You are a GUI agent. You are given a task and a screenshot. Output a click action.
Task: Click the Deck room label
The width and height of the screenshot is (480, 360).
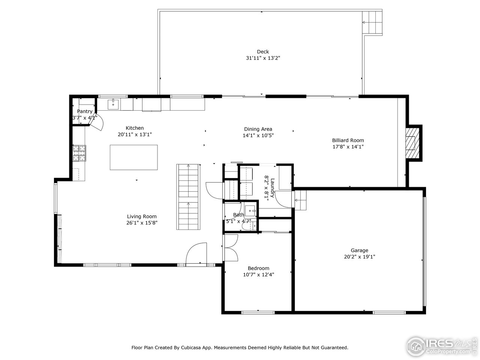point(262,52)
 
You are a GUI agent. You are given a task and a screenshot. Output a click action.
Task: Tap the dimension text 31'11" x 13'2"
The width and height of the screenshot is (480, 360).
point(262,58)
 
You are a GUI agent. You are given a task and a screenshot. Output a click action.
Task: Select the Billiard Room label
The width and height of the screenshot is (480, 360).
point(348,140)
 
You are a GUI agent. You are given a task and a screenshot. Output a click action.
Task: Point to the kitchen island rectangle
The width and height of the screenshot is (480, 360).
point(133,157)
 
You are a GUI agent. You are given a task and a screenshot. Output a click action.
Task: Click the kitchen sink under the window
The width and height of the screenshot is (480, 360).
point(113,104)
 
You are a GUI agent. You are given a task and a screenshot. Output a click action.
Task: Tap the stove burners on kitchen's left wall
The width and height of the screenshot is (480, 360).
point(79,153)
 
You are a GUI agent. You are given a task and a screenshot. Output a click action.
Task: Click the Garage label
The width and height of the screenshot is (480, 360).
point(359,250)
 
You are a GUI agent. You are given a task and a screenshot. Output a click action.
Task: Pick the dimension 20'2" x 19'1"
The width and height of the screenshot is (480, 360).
point(359,257)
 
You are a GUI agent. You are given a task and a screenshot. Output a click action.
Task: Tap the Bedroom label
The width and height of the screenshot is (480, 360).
point(258,268)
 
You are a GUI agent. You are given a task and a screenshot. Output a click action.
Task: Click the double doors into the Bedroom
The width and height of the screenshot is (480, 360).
point(231,247)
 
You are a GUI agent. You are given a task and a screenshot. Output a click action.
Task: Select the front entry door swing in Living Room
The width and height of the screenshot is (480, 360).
point(197,253)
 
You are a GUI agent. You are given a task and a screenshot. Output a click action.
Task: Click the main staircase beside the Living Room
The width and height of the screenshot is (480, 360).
point(189,196)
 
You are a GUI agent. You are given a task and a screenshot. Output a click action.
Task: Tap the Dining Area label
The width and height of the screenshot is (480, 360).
point(258,129)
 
